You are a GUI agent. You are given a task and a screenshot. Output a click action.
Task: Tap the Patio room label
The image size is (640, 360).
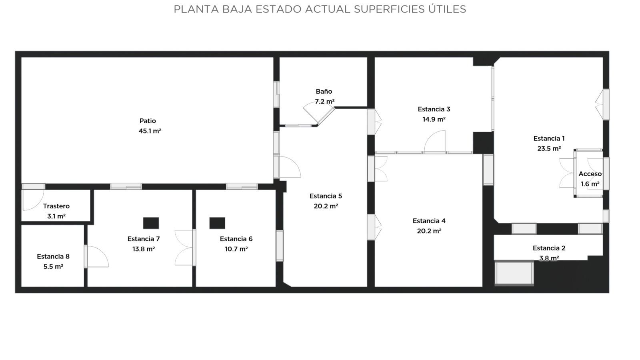coord(148,121)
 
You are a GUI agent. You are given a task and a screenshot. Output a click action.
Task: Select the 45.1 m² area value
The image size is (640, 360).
coord(150,131)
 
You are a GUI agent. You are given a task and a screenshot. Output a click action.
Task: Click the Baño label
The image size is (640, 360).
coord(324,92)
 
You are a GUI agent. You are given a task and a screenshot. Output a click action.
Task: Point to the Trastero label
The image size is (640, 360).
coord(56,206)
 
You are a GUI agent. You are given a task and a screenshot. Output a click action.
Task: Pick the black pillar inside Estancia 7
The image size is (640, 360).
coord(151,223)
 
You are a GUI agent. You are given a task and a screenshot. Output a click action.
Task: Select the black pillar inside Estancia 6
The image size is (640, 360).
coord(217,223)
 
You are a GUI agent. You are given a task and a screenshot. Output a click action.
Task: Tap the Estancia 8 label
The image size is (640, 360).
coord(53,256)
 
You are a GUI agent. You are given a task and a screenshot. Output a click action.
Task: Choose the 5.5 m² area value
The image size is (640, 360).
coord(53,266)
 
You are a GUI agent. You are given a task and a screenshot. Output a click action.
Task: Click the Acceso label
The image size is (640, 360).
coord(590,174)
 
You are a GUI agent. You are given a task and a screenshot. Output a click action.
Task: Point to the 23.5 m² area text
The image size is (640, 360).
coord(549,148)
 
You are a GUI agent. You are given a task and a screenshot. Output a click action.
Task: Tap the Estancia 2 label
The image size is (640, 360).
coord(549,248)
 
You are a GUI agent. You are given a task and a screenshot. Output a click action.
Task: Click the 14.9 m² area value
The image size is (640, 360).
coord(434,119)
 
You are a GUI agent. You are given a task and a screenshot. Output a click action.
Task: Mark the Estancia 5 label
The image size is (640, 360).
coord(326,196)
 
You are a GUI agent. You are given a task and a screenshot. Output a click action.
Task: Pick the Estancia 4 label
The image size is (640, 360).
coord(429,221)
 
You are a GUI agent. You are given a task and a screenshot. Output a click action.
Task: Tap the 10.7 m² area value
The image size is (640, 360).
coord(236,249)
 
